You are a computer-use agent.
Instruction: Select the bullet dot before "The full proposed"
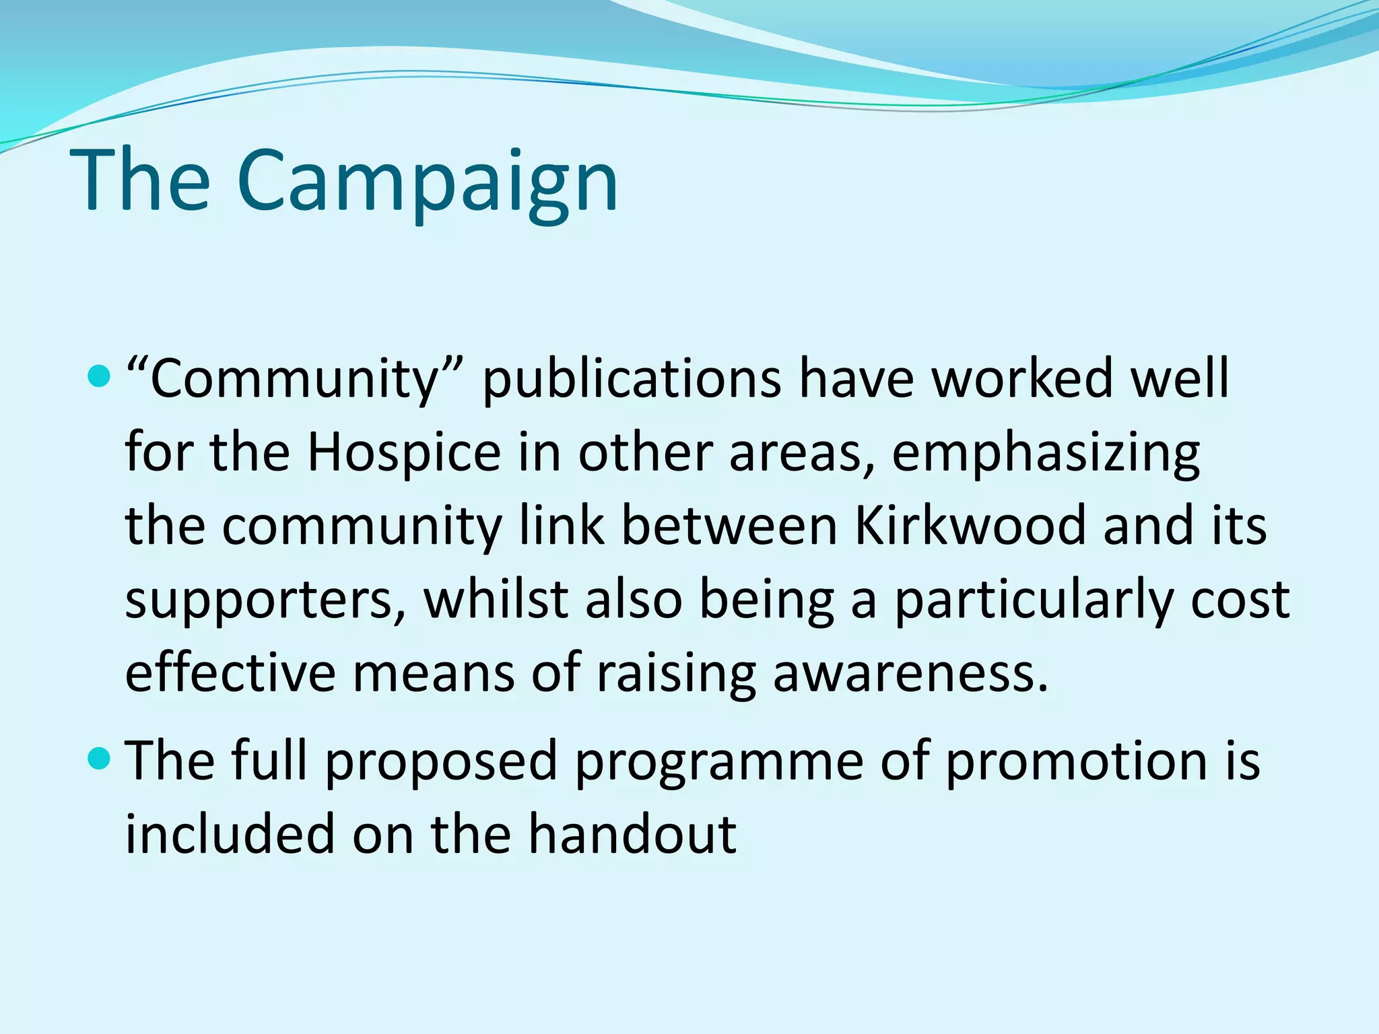98,759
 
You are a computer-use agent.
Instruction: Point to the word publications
632,378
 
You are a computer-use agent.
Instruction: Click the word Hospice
404,452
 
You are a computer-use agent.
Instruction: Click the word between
729,526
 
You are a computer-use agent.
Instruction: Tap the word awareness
910,674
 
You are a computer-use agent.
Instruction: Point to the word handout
632,834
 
